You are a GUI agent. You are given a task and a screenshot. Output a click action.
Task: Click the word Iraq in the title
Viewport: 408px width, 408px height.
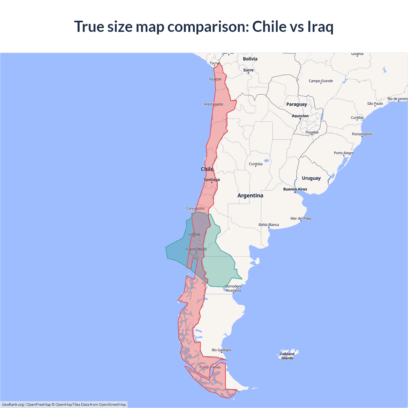coord(320,26)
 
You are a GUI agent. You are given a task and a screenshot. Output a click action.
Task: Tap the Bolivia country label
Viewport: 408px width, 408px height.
coord(250,59)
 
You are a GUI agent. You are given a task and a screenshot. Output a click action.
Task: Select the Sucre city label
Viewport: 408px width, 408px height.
coord(248,70)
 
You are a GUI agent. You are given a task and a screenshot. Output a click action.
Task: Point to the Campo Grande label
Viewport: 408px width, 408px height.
coord(321,81)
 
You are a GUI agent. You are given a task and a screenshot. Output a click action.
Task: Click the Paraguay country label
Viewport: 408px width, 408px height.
coord(296,104)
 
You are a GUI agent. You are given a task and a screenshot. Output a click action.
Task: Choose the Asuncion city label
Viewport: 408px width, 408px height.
coord(300,116)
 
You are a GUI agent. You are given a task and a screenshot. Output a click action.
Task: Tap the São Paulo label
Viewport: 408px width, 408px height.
coord(375,104)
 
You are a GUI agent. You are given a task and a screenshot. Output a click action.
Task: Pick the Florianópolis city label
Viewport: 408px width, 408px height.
coord(362,134)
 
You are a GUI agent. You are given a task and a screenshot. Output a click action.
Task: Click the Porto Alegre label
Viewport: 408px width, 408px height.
coord(344,153)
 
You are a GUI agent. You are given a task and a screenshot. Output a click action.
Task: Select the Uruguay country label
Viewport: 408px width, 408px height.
coord(311,178)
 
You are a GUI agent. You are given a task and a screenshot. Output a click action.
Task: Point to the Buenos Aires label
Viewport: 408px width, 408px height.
coord(295,189)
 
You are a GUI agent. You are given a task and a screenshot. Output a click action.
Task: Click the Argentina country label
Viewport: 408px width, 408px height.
coord(250,195)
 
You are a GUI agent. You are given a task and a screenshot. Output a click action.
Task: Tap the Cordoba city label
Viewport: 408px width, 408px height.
coord(256,164)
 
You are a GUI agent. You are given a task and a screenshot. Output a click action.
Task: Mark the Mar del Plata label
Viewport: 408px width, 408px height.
coord(301,218)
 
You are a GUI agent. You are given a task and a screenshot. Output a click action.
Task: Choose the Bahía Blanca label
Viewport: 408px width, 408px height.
coord(268,225)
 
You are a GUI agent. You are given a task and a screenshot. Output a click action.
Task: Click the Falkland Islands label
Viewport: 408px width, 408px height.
coord(287,356)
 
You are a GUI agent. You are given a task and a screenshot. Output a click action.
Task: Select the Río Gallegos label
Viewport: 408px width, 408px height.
coord(222,350)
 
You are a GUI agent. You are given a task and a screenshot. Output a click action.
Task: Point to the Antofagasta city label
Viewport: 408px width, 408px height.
coord(213,104)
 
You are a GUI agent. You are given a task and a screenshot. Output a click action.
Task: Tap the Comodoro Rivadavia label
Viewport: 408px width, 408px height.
coord(233,288)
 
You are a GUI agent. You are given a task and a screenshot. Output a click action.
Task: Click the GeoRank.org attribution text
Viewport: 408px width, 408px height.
coord(13,404)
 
